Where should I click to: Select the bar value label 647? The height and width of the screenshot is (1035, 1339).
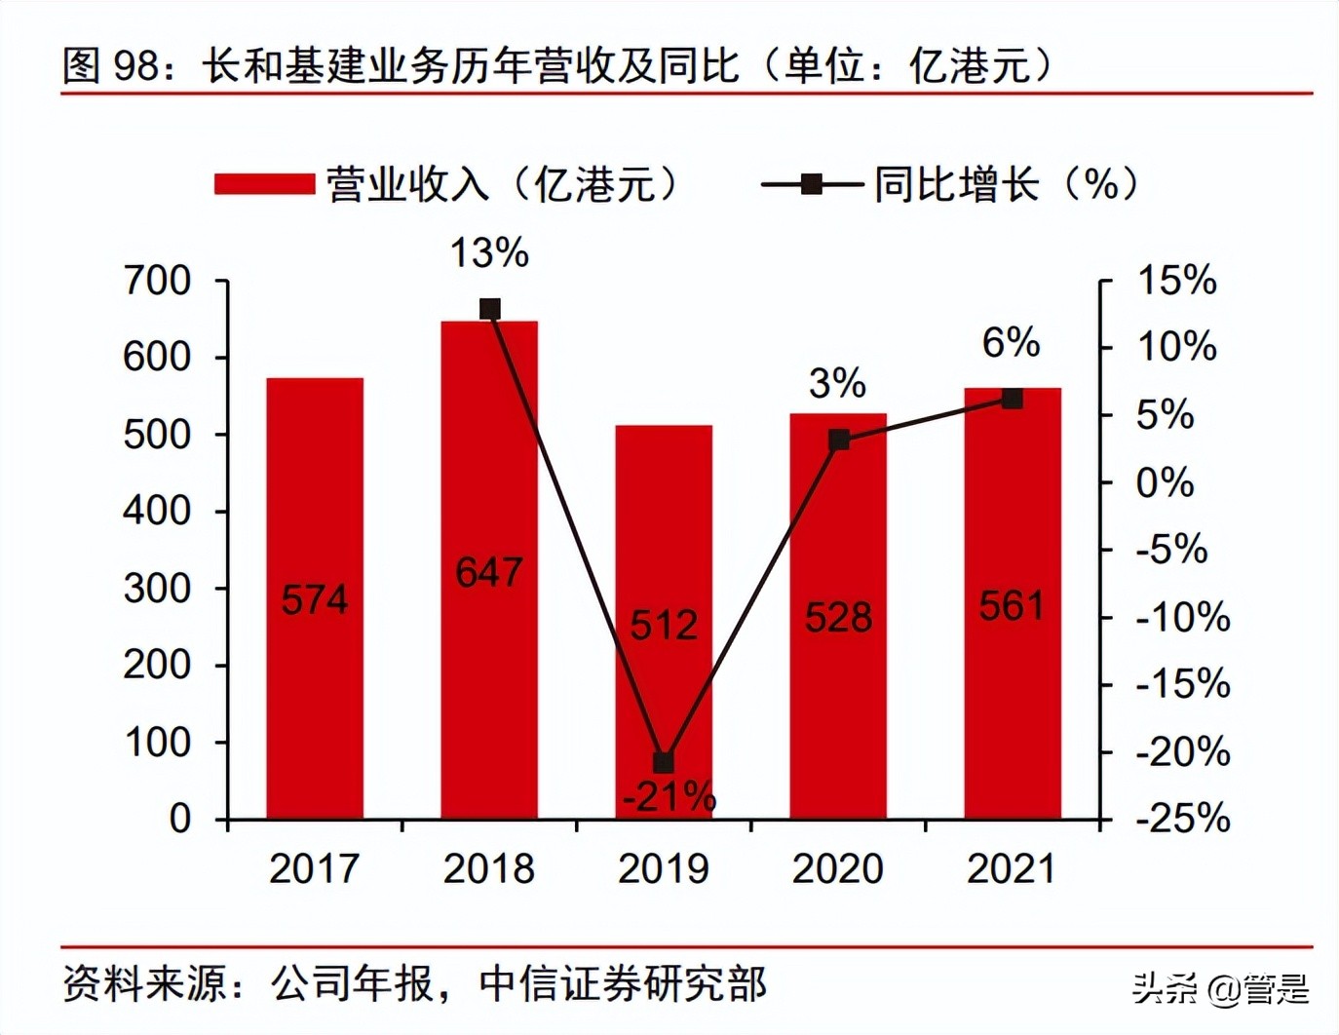click(489, 572)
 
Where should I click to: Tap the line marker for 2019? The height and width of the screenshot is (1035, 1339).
click(664, 762)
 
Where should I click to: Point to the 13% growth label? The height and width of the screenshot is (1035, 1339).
click(489, 253)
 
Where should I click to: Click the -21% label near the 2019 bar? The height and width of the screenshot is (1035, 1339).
click(669, 798)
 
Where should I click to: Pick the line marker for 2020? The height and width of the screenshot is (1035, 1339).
click(838, 441)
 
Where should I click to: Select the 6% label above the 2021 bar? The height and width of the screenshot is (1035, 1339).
click(1011, 343)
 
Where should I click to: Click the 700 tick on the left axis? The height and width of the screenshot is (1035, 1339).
click(157, 281)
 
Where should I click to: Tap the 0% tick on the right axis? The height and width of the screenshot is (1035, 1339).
click(1165, 482)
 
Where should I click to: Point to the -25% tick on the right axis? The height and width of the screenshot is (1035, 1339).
click(1182, 819)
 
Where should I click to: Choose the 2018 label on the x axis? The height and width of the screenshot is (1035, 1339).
click(489, 868)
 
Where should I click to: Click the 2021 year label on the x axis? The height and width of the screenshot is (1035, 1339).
click(1012, 868)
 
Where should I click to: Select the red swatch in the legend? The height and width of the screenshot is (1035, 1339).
click(264, 184)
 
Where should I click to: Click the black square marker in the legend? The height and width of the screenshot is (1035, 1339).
click(811, 184)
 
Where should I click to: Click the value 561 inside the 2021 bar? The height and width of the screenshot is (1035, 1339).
click(1012, 606)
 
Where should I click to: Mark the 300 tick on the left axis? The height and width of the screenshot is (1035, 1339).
click(157, 589)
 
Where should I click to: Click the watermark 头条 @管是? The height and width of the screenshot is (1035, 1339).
click(1221, 989)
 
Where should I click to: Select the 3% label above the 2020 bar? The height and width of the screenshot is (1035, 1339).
click(837, 383)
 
